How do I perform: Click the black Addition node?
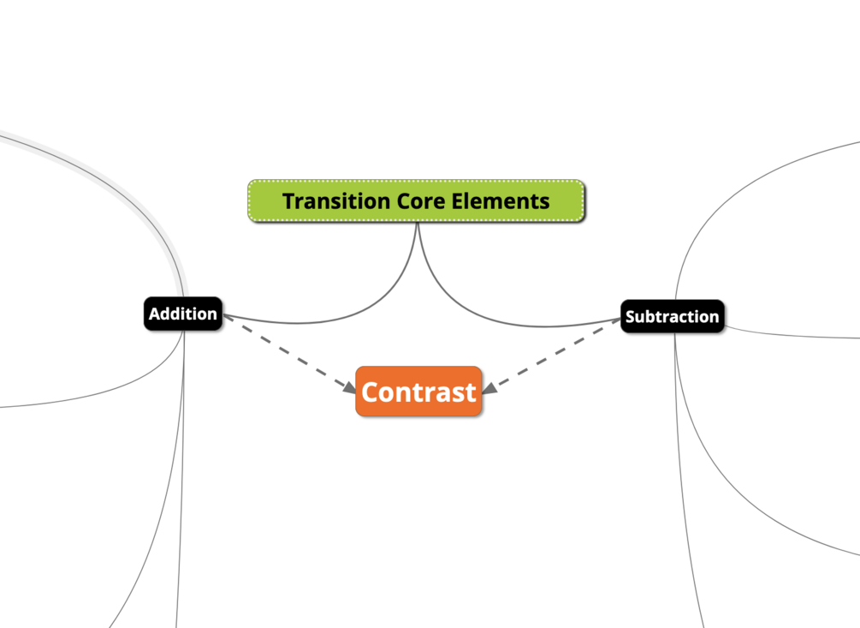tap(183, 314)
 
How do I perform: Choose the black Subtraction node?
tap(672, 317)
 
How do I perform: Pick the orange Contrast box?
tap(418, 392)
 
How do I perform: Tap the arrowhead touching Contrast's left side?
tap(350, 388)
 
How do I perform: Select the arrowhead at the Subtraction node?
tap(615, 321)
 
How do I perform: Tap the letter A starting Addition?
tap(155, 314)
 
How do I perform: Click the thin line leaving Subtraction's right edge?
tap(787, 335)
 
